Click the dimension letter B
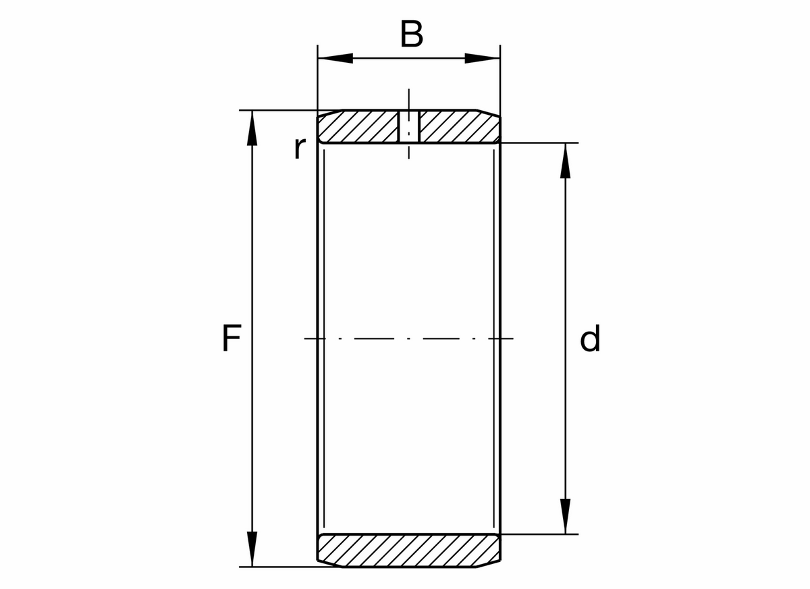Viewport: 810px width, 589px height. pos(411,34)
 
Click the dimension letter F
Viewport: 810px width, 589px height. pos(232,339)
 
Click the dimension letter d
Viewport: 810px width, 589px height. pos(590,339)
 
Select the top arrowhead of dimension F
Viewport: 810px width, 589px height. pos(252,128)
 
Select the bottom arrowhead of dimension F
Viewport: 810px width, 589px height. pos(252,548)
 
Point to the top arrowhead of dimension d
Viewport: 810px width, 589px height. pos(566,161)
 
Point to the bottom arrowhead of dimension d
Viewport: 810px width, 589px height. pos(566,516)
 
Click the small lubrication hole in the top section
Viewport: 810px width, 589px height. pos(408,126)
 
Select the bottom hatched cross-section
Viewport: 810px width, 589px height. pos(409,550)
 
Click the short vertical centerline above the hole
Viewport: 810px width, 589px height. pos(408,99)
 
